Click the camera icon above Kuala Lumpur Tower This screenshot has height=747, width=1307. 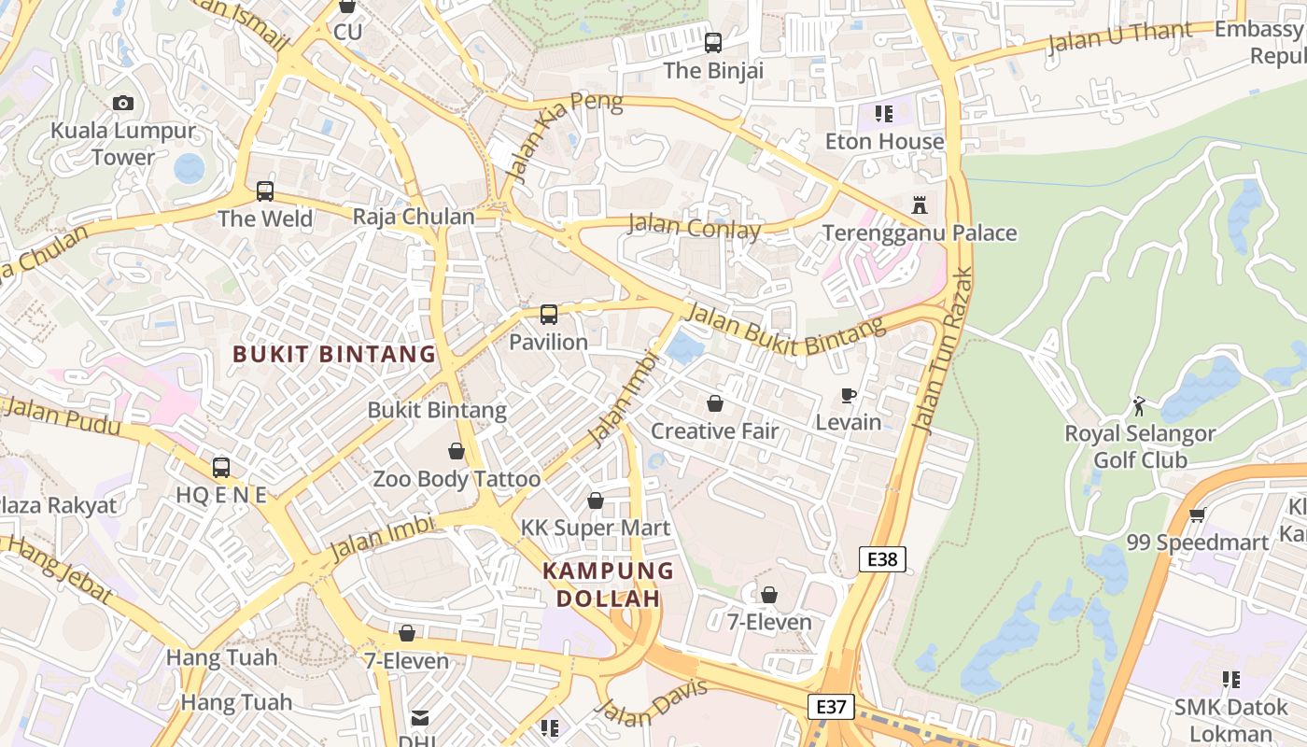point(123,103)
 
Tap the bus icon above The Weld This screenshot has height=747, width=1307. point(265,191)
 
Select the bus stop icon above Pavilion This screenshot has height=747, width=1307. point(549,315)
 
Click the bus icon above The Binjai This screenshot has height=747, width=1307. point(713,43)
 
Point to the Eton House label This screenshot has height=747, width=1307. point(884,142)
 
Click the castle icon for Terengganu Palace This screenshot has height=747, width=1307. point(920,204)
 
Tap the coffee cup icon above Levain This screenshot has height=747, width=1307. point(849,396)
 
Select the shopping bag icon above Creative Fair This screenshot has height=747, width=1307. point(715,403)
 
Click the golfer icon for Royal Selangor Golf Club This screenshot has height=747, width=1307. point(1139,406)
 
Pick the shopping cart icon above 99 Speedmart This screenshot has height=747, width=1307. point(1198,514)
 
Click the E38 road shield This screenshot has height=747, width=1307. point(882,559)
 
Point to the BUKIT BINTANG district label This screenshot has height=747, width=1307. point(334,355)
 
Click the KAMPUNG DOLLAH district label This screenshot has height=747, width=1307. point(609,585)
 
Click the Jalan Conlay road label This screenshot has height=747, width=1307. point(694,227)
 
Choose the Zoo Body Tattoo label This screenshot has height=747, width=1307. point(457,480)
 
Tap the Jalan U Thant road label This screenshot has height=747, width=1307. point(1119,37)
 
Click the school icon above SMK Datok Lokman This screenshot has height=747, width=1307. point(1230,680)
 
